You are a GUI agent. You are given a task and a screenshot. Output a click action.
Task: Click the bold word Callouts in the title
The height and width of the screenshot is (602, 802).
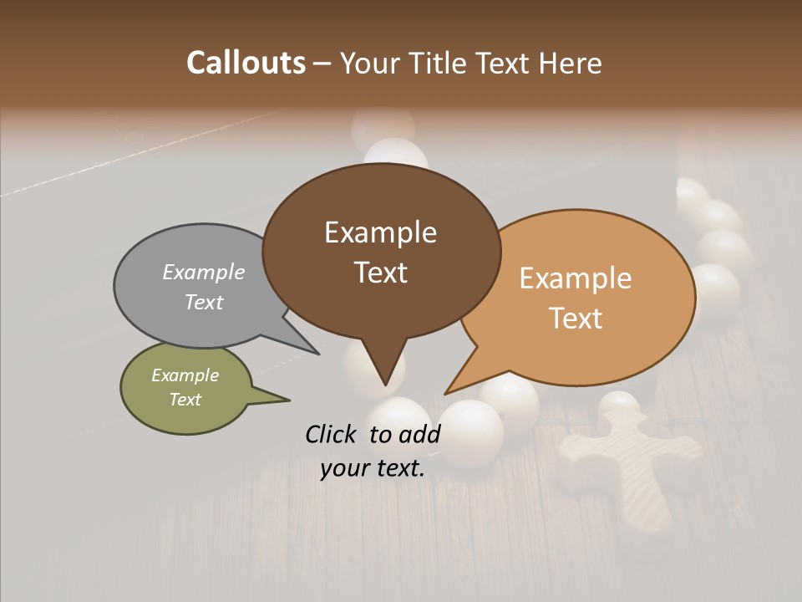coord(246,63)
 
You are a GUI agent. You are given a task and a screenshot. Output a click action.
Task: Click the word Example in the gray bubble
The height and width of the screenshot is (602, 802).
coord(203,272)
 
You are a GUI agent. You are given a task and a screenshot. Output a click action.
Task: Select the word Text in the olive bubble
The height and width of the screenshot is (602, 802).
coord(185,400)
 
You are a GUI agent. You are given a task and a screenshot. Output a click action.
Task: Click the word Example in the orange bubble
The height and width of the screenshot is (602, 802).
coord(576,278)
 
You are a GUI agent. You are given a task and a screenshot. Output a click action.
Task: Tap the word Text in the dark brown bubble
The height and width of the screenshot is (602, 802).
coord(381,273)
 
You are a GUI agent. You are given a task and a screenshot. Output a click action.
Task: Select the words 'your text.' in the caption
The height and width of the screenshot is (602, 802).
coord(373,468)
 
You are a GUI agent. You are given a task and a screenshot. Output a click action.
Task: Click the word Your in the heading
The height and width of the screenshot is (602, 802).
coord(371,63)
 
